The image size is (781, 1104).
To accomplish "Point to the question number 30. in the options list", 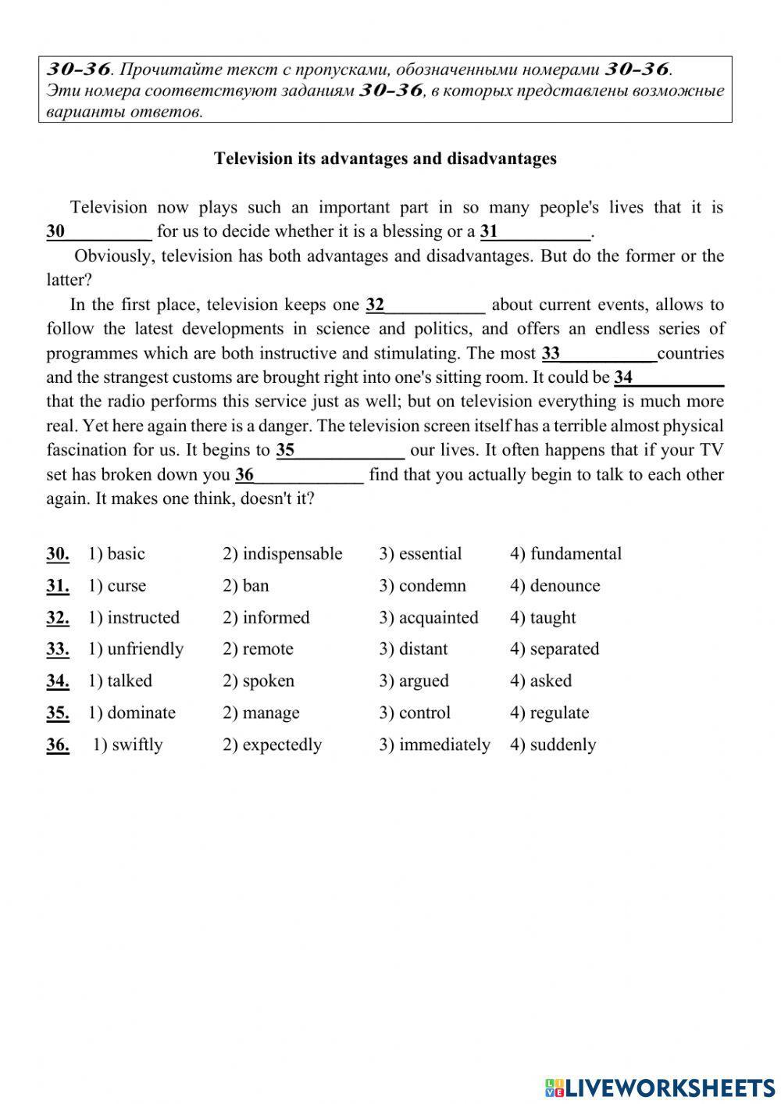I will (58, 554).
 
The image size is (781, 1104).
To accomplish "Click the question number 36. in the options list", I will (58, 745).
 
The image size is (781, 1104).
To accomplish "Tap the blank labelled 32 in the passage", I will (426, 305).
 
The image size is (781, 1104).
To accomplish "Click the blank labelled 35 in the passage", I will (341, 451).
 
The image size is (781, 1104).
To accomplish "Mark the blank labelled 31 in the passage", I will (536, 232).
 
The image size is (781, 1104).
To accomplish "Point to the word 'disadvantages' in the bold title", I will (501, 159).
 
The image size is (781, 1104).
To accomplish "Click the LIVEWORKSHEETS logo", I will (660, 1087).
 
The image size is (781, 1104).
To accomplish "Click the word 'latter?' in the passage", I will (70, 280).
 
